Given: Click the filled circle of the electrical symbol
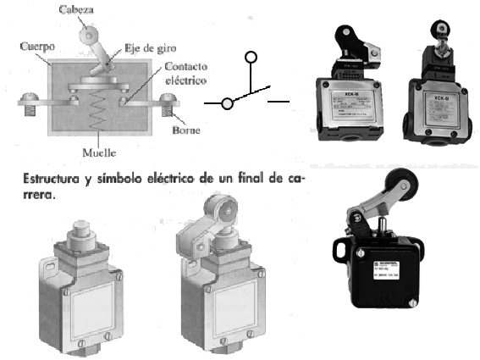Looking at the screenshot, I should click(x=227, y=103).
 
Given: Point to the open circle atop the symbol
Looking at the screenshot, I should click(x=250, y=58).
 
